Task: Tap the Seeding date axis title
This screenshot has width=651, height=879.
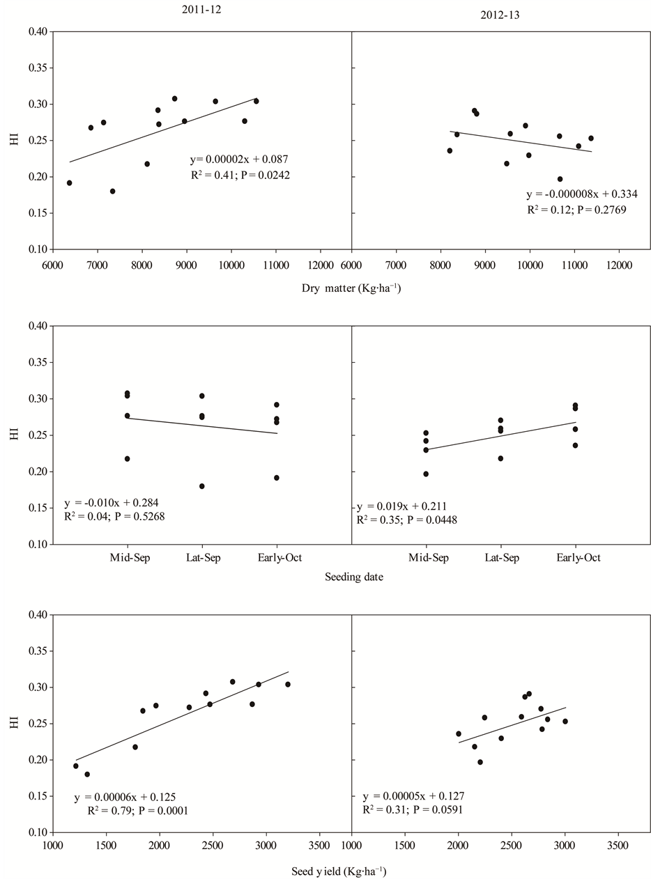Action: [353, 577]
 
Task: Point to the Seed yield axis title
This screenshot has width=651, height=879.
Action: [338, 871]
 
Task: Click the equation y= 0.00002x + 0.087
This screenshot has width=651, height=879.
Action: [239, 160]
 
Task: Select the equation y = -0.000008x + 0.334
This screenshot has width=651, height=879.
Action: [581, 194]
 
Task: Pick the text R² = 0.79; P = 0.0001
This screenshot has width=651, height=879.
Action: [137, 811]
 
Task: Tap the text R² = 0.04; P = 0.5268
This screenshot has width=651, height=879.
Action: [114, 516]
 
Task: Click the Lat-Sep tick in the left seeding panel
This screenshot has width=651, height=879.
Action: [202, 558]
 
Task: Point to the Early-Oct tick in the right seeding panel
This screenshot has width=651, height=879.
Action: [575, 558]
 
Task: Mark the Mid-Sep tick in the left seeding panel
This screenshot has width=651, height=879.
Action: [127, 558]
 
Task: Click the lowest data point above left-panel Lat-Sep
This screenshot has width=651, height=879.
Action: [202, 486]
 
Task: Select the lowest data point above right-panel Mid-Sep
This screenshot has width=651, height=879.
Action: [426, 474]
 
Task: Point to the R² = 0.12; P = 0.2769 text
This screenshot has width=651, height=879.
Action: [577, 209]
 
